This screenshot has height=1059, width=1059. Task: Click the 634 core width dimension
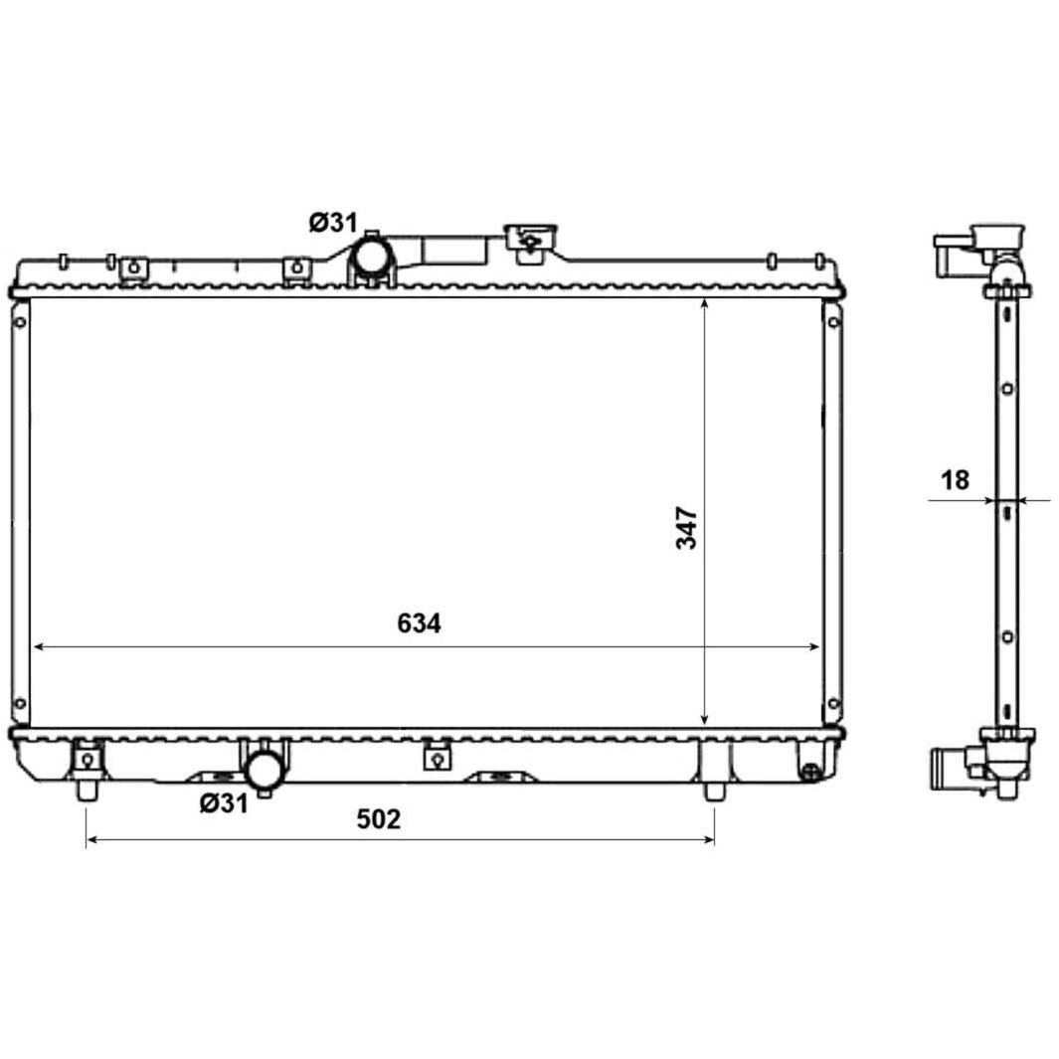pyautogui.click(x=419, y=623)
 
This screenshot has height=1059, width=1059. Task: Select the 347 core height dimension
pyautogui.click(x=687, y=527)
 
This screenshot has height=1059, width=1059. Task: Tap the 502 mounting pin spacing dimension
pyautogui.click(x=378, y=818)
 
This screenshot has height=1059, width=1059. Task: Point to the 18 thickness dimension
pyautogui.click(x=955, y=480)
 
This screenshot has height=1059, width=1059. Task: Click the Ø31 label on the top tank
pyautogui.click(x=333, y=222)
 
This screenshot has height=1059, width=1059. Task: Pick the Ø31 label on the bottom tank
pyautogui.click(x=224, y=803)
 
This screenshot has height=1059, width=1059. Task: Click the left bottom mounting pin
pyautogui.click(x=87, y=791)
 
